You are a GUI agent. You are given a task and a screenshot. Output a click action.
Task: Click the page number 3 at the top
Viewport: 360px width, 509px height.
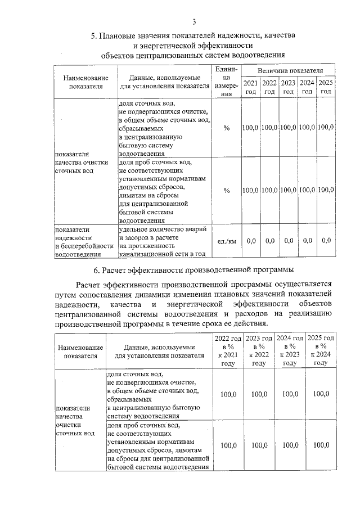(193, 22)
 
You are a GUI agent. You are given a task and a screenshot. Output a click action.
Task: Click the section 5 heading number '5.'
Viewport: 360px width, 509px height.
(94, 37)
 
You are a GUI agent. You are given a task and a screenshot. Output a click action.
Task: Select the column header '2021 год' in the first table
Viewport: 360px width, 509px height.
(250, 87)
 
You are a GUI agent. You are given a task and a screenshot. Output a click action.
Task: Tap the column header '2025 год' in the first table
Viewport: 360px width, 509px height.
(326, 87)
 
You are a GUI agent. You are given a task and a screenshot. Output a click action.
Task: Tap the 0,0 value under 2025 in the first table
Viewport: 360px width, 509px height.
(326, 241)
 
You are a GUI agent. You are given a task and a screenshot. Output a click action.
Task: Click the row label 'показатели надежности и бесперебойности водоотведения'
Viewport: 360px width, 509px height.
(84, 242)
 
